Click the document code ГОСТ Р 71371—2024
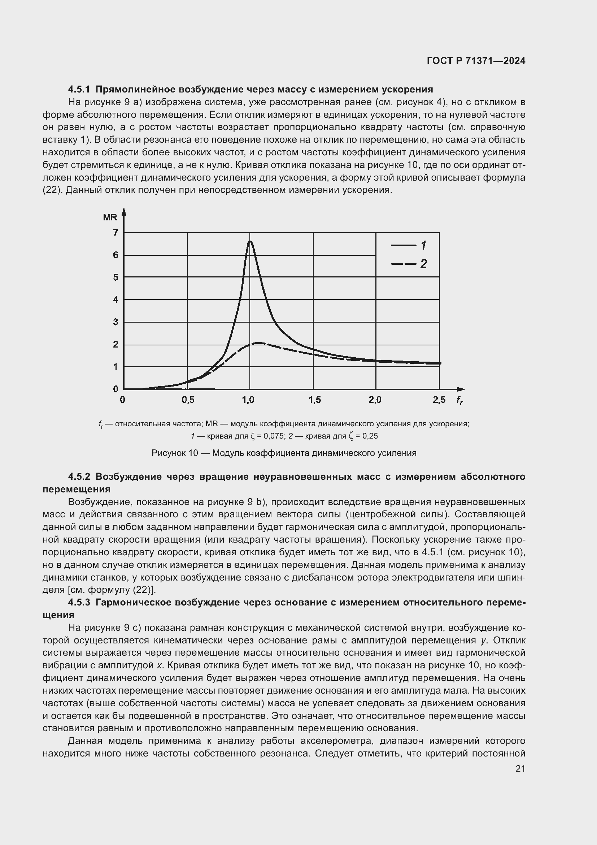pos(476,61)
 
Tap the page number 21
pos(520,768)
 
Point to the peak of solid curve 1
pos(250,241)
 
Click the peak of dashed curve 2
pos(259,343)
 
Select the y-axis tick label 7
pos(116,233)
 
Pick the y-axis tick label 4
pos(116,299)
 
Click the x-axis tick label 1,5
pos(315,400)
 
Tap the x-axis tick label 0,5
pos(188,400)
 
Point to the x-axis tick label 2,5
pos(439,400)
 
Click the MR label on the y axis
pos(110,217)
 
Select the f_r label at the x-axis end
pos(459,400)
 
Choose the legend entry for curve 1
pos(408,245)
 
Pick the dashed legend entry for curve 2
pos(408,264)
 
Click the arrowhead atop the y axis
pos(124,212)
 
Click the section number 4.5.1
pos(79,90)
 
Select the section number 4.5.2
pos(79,477)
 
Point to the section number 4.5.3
pos(79,603)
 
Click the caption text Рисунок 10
pos(175,453)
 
